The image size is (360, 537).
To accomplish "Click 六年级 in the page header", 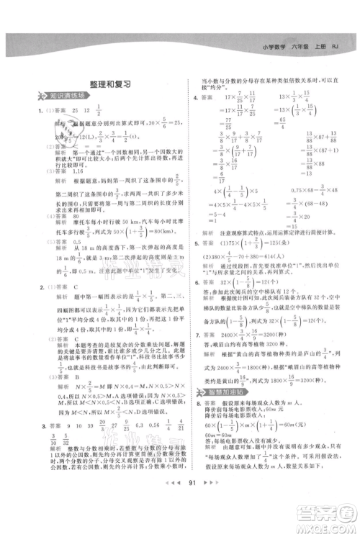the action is click(x=299, y=47).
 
